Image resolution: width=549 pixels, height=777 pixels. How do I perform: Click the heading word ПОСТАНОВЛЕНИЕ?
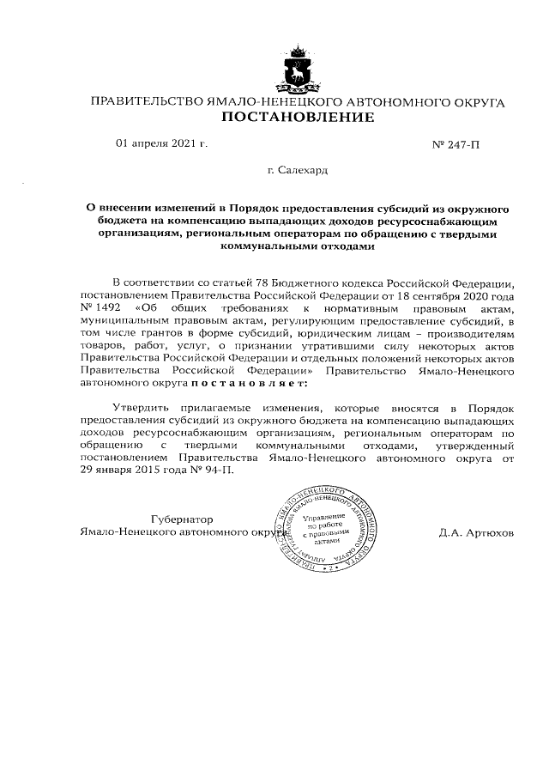click(x=298, y=118)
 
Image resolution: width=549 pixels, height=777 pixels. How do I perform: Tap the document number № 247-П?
click(x=457, y=145)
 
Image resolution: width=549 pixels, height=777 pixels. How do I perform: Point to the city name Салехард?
click(x=303, y=171)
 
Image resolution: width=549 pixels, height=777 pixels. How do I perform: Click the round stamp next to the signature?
click(x=329, y=531)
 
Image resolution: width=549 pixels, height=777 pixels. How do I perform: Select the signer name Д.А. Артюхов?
click(x=476, y=532)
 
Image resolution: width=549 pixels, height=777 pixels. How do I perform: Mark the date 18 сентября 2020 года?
click(x=454, y=294)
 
